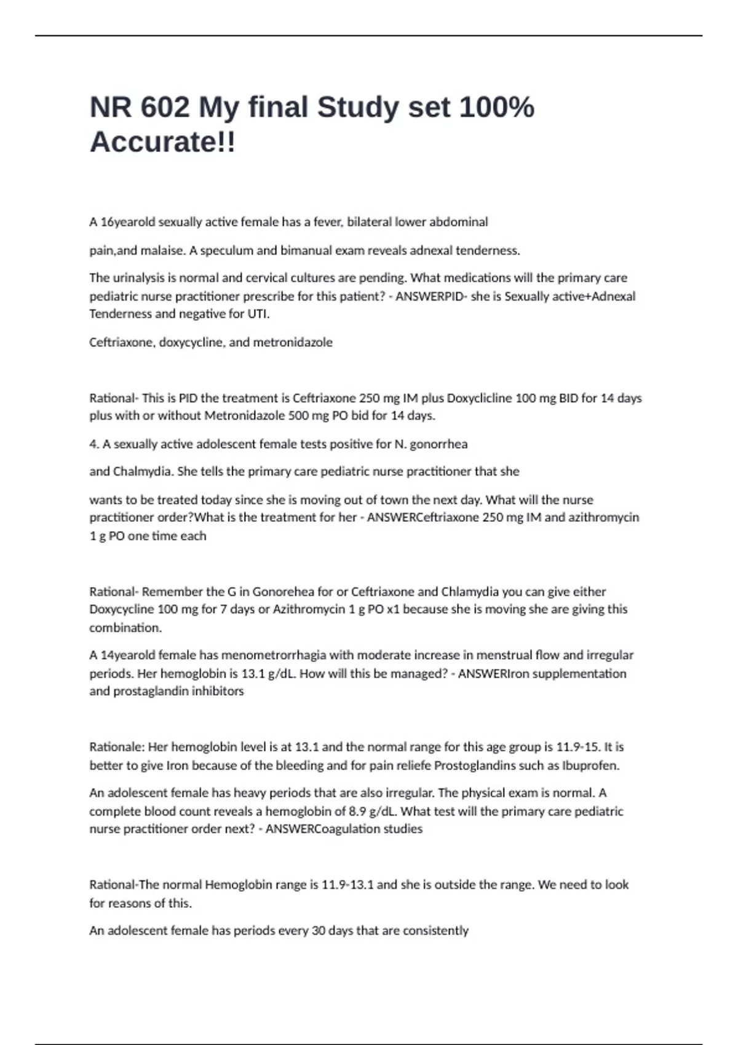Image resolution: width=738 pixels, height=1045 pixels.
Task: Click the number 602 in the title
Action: pos(165,108)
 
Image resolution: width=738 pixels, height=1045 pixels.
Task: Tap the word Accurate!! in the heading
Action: pos(162,143)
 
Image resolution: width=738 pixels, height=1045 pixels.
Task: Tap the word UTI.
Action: pos(258,314)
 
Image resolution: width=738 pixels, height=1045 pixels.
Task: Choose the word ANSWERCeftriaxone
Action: pos(423,518)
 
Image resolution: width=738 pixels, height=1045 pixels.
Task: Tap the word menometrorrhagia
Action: pos(274,655)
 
